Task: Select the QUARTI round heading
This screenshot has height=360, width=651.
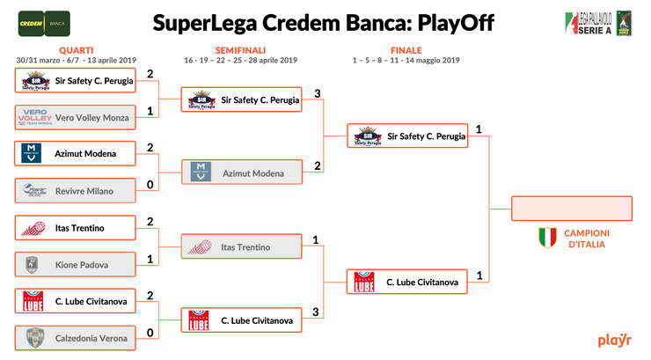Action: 77,50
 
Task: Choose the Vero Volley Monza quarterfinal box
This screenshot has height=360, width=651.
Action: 77,117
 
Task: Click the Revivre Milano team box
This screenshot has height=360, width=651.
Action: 77,190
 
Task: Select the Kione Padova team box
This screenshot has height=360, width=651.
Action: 77,263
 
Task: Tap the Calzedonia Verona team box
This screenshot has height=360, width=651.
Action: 77,337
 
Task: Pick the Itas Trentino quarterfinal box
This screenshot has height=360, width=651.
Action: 77,228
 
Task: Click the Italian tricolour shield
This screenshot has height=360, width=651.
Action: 547,237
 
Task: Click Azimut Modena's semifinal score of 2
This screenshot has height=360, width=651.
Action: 316,166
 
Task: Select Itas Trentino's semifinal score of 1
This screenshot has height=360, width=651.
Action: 316,239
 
